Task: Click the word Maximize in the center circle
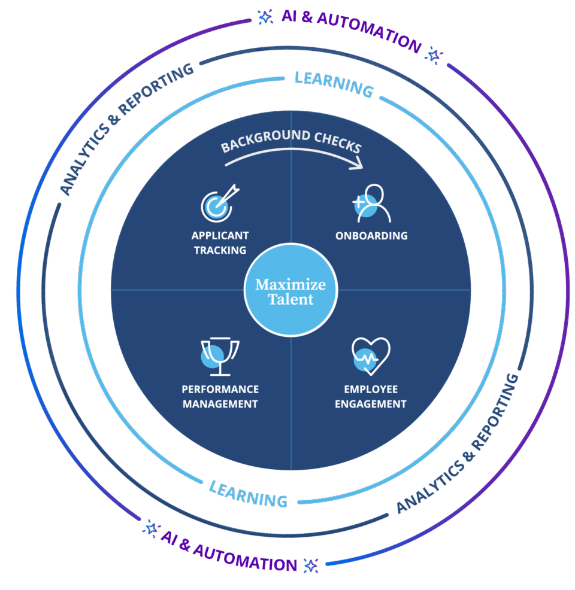290,284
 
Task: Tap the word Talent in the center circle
290,299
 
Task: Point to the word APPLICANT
220,235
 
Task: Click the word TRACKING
220,250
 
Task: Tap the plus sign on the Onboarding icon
359,202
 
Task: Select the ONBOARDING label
371,236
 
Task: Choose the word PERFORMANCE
220,389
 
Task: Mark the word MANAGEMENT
220,404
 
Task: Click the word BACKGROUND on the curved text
259,139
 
